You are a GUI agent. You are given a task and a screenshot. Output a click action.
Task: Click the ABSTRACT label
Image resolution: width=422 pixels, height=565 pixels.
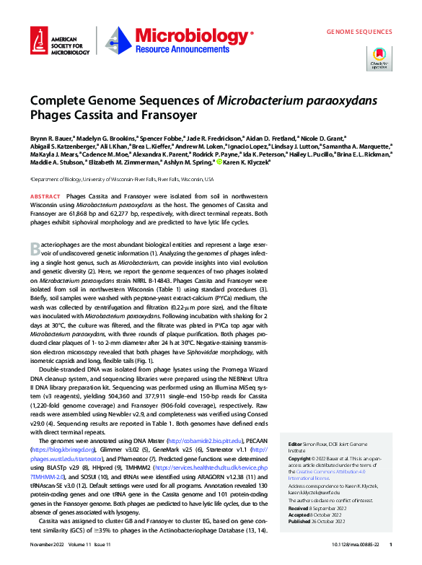tap(45, 196)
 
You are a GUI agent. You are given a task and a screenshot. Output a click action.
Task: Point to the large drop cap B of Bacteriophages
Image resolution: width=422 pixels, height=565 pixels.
tap(35, 249)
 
